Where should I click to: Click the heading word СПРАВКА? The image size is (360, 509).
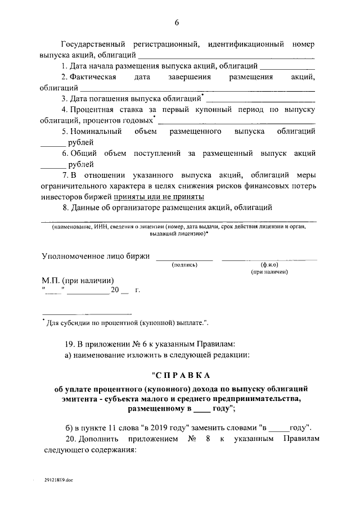[180, 375]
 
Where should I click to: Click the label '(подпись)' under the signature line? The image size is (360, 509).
[184, 264]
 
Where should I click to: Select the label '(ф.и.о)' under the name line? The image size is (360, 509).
[269, 264]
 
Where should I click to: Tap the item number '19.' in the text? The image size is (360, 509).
[69, 343]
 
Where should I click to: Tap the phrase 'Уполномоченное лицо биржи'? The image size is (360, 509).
[96, 256]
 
